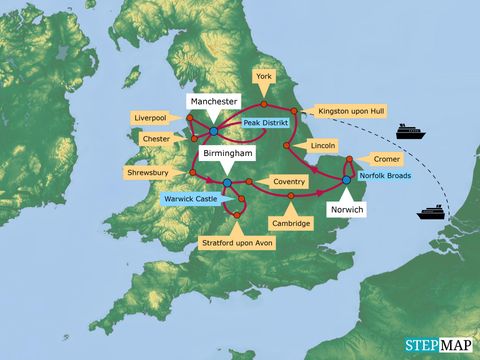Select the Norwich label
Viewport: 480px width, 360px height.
346,211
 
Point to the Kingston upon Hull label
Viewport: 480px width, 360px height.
350,111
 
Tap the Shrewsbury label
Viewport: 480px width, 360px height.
147,169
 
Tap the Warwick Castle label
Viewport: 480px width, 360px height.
191,199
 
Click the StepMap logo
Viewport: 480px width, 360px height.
437,345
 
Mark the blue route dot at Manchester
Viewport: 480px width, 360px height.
215,130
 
